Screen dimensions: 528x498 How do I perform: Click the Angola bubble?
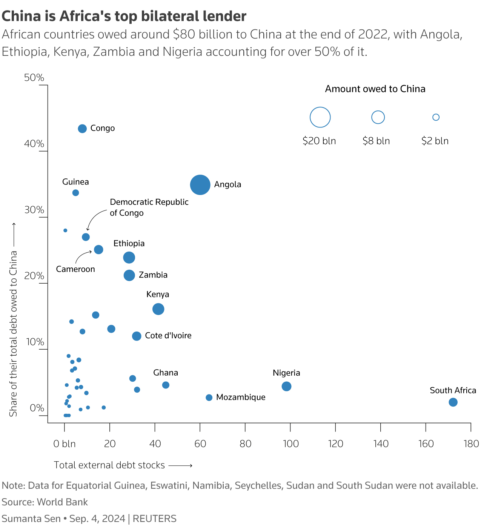point(200,185)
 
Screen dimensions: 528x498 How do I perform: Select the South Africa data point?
point(453,402)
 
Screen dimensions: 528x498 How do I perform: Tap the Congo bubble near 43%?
point(82,129)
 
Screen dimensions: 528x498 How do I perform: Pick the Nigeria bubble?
point(286,386)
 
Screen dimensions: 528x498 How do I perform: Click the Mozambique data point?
point(209,398)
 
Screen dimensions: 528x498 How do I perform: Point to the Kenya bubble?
point(158,309)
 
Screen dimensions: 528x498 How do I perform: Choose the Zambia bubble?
point(129,275)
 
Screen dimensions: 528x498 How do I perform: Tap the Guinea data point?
point(75,193)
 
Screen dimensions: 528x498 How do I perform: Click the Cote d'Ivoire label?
point(168,336)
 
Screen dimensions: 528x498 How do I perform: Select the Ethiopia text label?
point(129,244)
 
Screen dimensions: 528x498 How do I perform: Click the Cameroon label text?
point(75,269)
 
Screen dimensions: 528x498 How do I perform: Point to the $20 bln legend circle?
point(320,117)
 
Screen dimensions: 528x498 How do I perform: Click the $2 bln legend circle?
point(436,117)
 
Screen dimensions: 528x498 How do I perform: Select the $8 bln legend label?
point(376,141)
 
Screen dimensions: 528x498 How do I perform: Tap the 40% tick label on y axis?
point(34,144)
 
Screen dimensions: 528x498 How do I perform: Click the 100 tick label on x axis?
point(290,444)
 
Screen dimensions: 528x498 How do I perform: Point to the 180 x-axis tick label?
point(471,444)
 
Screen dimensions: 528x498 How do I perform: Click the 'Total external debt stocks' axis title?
point(109,465)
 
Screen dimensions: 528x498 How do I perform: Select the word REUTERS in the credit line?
point(155,519)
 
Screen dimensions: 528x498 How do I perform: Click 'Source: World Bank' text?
point(45,502)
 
